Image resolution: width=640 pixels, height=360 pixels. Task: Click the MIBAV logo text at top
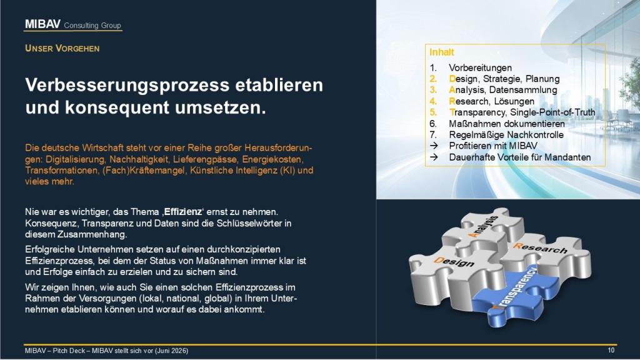pyautogui.click(x=42, y=24)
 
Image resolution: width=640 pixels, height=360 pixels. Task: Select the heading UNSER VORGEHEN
pyautogui.click(x=62, y=48)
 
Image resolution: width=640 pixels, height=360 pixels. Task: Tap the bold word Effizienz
pyautogui.click(x=183, y=212)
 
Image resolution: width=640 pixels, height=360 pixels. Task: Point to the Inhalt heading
pyautogui.click(x=442, y=52)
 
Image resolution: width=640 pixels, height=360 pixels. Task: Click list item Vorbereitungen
pyautogui.click(x=481, y=67)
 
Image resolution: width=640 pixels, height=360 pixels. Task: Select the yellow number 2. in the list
pyautogui.click(x=433, y=79)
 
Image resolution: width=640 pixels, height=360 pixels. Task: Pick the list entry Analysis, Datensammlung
pyautogui.click(x=503, y=90)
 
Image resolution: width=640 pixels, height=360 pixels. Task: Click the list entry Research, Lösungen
pyautogui.click(x=491, y=101)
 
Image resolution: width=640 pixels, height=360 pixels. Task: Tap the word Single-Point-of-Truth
pyautogui.click(x=552, y=112)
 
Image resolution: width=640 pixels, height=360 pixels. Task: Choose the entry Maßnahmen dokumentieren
pyautogui.click(x=507, y=124)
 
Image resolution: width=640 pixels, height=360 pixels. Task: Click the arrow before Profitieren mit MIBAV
pyautogui.click(x=434, y=146)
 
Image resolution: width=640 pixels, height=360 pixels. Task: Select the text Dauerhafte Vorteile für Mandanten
pyautogui.click(x=520, y=157)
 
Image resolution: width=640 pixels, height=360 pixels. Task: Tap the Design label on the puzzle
pyautogui.click(x=454, y=262)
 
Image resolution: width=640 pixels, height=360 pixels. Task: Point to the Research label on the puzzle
pyautogui.click(x=540, y=247)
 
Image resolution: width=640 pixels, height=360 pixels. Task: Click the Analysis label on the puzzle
pyautogui.click(x=483, y=227)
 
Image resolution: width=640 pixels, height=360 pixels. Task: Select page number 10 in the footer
pyautogui.click(x=611, y=350)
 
